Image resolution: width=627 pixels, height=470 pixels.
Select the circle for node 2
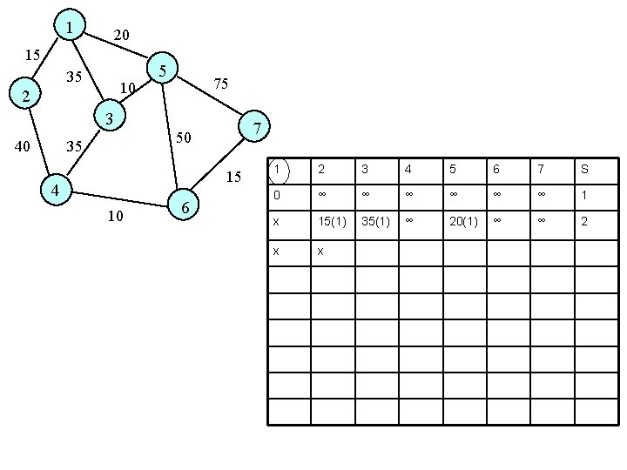point(27,96)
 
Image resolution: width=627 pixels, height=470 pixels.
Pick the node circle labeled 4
point(54,190)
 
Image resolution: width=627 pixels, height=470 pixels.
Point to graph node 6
point(185,207)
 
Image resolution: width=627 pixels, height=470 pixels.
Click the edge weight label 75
point(221,84)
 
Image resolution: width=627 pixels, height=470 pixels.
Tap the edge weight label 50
point(183,138)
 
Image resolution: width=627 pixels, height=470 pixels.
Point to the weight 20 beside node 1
point(121,35)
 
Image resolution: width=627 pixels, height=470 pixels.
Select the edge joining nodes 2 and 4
point(40,143)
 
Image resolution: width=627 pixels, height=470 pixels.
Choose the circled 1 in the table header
point(276,169)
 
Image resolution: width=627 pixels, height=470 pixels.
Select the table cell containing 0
point(276,195)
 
